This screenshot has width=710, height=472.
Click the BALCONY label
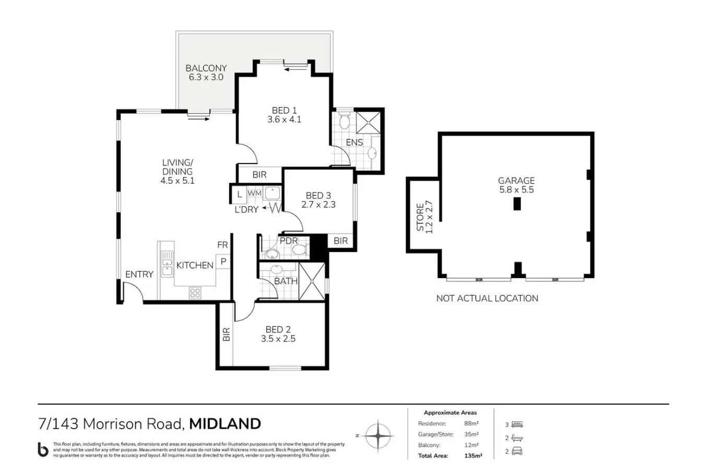pos(206,68)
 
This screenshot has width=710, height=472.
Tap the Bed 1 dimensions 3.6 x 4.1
pos(285,120)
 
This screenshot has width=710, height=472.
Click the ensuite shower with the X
pos(368,122)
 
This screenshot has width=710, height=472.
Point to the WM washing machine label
pos(255,193)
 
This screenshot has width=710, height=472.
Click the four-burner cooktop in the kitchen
pos(195,293)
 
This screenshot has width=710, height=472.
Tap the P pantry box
pos(223,262)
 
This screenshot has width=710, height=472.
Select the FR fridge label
pos(222,245)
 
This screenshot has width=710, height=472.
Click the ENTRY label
pos(139,274)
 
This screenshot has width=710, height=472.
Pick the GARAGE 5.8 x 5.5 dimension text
pos(517,190)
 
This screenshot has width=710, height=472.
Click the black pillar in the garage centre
pos(517,204)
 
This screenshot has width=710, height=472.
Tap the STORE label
pos(420,217)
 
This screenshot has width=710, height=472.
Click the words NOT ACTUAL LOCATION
pos(487,298)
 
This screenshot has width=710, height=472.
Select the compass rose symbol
pos(378,436)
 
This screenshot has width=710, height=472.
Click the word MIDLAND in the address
pos(225,424)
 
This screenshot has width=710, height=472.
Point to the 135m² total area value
pos(473,456)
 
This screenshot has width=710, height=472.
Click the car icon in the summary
pos(517,451)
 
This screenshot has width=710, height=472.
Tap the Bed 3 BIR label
pos(341,241)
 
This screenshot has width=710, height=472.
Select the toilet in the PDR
pos(300,250)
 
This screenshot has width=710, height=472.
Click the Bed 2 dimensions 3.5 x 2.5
pos(278,338)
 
